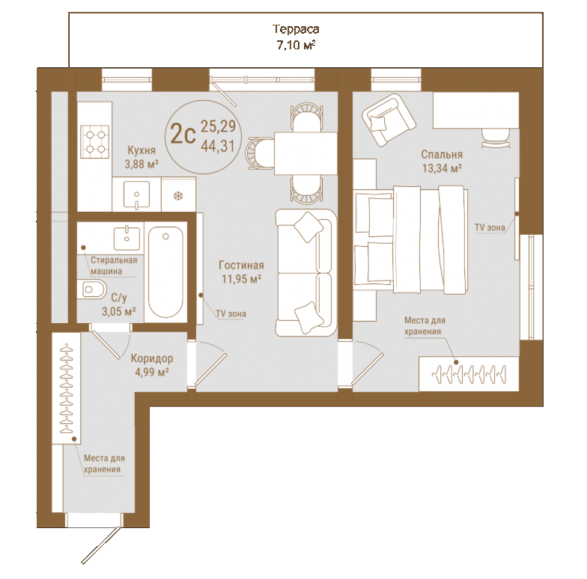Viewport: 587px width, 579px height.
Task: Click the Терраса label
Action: pos(296,29)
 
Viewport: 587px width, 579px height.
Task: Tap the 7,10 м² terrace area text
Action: pos(296,45)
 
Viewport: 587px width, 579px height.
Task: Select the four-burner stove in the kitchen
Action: pos(95,142)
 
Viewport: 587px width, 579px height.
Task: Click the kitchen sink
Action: pos(136,194)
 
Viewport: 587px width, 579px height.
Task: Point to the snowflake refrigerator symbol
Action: pos(178,196)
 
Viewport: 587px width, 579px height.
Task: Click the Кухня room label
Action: pos(142,150)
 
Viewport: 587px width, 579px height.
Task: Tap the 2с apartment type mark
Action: pos(183,134)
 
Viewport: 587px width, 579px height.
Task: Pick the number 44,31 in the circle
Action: pos(218,146)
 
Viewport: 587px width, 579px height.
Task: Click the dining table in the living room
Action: pos(305,153)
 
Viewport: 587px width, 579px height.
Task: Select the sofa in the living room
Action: pos(306,272)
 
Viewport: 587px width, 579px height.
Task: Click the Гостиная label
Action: pos(241,265)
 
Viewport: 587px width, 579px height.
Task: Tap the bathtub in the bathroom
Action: pos(166,272)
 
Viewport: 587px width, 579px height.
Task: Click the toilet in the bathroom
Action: pos(92,289)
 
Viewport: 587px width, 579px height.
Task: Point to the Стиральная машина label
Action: pos(114,266)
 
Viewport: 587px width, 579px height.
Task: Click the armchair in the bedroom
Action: pos(389,120)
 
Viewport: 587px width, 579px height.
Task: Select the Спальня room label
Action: pos(442,154)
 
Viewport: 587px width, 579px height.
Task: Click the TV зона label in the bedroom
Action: pos(490,227)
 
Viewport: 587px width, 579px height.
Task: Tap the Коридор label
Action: pos(151,359)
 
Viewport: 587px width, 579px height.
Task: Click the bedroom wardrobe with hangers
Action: pos(469,374)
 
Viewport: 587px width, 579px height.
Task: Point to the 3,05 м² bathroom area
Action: pos(118,311)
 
